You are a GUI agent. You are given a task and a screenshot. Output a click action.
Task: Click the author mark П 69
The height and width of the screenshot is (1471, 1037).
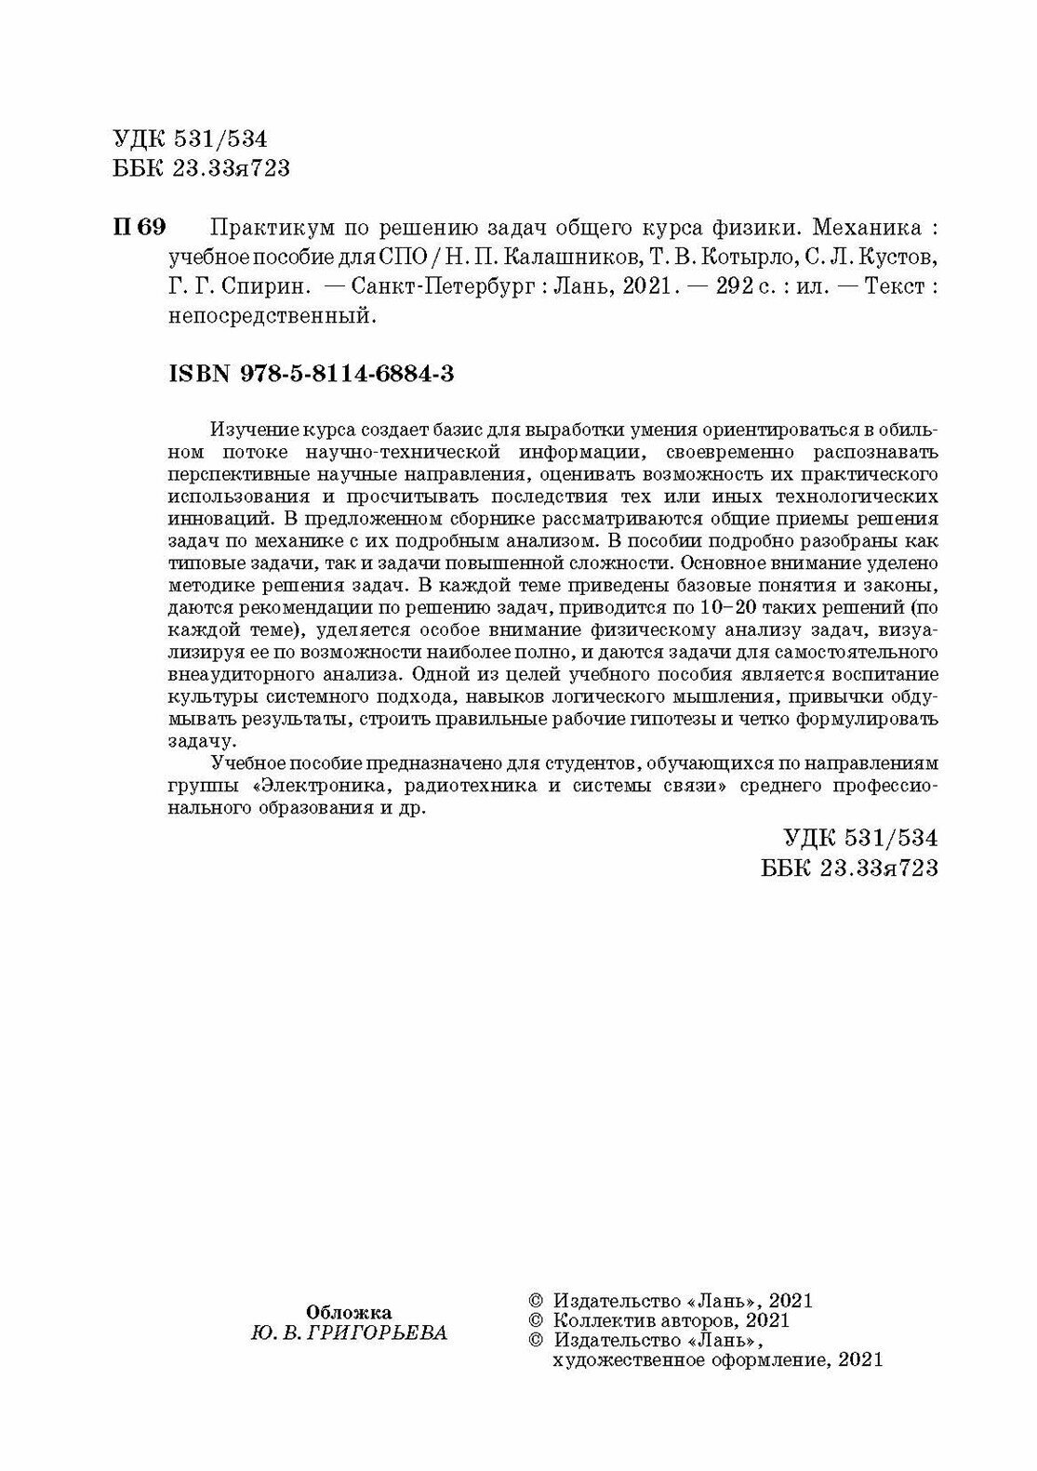pos(138,227)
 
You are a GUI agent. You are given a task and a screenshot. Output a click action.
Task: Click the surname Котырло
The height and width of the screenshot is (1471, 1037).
pos(744,257)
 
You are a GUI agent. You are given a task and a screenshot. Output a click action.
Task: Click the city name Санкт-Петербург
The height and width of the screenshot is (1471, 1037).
pos(447,286)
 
